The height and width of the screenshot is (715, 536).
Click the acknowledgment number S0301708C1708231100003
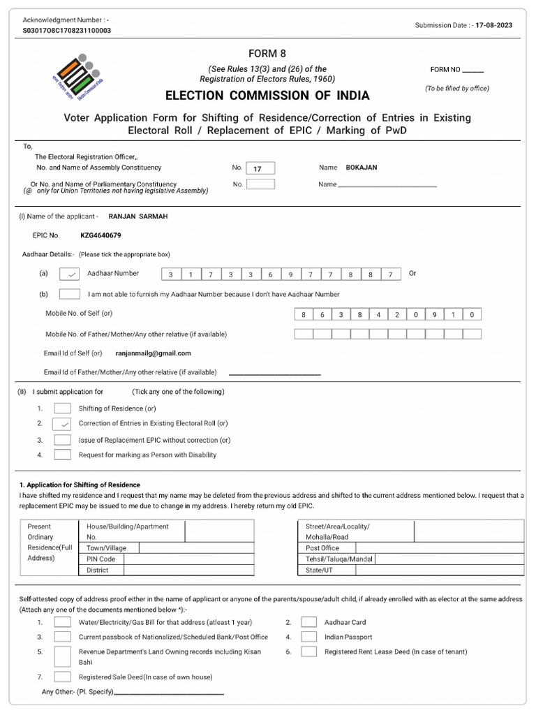coord(67,31)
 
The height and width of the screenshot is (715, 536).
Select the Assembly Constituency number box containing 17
coord(261,168)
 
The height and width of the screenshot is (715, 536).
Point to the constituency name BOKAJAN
coord(362,168)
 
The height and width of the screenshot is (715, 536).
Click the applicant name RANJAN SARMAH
coord(138,216)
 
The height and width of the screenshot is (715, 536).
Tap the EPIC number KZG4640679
coord(100,235)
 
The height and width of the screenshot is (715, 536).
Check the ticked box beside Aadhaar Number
coord(70,274)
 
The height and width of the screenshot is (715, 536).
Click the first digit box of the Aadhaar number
coord(170,274)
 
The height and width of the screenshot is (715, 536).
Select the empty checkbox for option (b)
coord(70,295)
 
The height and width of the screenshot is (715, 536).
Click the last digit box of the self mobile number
coord(472,315)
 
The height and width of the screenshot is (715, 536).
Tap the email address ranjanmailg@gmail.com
coord(153,353)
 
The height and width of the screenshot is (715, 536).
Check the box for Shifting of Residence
coord(63,408)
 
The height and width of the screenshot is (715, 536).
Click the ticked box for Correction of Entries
coord(63,424)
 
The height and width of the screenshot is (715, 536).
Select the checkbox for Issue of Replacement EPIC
coord(63,440)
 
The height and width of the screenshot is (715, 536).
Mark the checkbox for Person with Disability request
coord(63,455)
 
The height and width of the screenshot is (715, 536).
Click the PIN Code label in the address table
coord(101,559)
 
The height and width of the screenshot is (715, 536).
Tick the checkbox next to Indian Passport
coord(309,637)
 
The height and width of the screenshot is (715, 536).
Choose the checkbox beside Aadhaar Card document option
coord(309,622)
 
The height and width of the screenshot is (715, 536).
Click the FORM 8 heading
coord(267,54)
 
